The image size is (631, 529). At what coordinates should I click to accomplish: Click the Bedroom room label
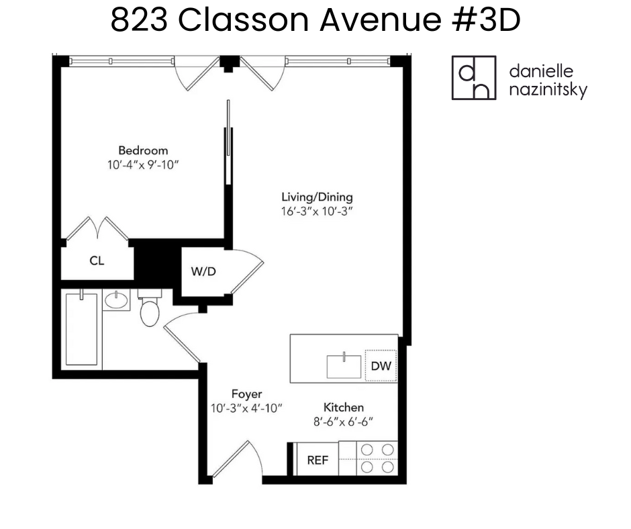(143, 150)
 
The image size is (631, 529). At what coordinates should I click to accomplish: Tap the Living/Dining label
(317, 197)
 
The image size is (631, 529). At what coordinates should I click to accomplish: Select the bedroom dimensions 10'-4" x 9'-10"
(143, 164)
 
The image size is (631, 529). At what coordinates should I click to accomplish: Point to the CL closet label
(97, 260)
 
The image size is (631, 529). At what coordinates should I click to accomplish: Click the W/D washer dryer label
(203, 272)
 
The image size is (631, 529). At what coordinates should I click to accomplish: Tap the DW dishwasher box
(380, 367)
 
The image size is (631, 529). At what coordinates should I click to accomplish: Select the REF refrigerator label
(317, 461)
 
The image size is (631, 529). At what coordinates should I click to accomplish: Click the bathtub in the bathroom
(81, 329)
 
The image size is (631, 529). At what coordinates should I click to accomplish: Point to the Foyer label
(246, 394)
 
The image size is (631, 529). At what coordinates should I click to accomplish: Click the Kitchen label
(344, 407)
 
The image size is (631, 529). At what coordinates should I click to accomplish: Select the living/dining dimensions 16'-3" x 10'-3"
(317, 211)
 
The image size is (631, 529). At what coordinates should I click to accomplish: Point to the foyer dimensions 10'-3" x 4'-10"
(246, 408)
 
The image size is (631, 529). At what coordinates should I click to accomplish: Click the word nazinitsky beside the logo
(548, 89)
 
